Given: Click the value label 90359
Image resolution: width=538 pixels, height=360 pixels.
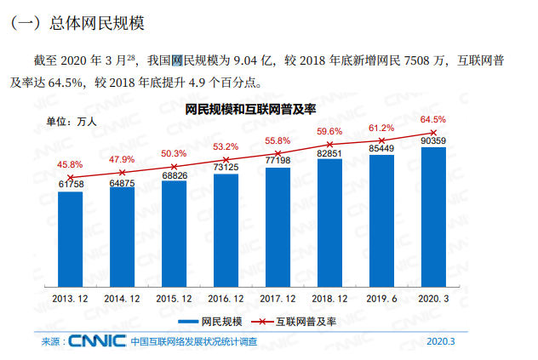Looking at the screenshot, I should click(434, 140).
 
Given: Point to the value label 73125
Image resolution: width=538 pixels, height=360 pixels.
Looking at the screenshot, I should click(226, 168).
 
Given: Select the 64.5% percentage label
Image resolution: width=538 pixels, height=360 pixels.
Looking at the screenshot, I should click(433, 120).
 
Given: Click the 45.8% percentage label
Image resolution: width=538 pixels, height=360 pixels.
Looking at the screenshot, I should click(70, 164).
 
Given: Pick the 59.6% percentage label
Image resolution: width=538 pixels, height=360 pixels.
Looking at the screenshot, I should click(329, 132).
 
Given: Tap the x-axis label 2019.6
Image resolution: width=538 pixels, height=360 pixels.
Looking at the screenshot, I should click(382, 299).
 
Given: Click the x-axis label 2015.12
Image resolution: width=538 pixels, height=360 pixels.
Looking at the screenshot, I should click(175, 299).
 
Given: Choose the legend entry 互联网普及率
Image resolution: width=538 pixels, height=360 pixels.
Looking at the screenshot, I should click(305, 322).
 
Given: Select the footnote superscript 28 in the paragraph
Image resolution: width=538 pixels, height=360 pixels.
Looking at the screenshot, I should click(131, 57).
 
